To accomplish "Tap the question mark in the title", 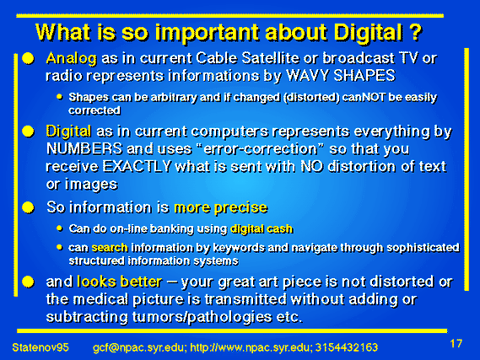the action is click(x=416, y=31).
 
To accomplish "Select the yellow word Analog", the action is click(x=72, y=58).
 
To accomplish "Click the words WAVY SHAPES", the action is click(x=341, y=76).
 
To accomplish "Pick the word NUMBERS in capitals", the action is click(x=84, y=149).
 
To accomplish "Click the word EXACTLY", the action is click(x=137, y=167).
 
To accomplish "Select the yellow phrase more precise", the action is click(x=221, y=208).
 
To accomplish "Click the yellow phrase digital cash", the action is click(x=262, y=228).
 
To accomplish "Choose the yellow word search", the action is click(x=110, y=247).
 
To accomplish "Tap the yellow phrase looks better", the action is click(x=120, y=282).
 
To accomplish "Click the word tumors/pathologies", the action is click(x=202, y=317).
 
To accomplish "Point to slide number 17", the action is click(x=456, y=343).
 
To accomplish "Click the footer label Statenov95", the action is click(x=40, y=347).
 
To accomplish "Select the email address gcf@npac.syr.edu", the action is click(x=138, y=348).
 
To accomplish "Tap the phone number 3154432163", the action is click(x=347, y=347).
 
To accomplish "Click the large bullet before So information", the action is click(x=28, y=207).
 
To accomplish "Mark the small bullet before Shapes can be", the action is click(x=60, y=97).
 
